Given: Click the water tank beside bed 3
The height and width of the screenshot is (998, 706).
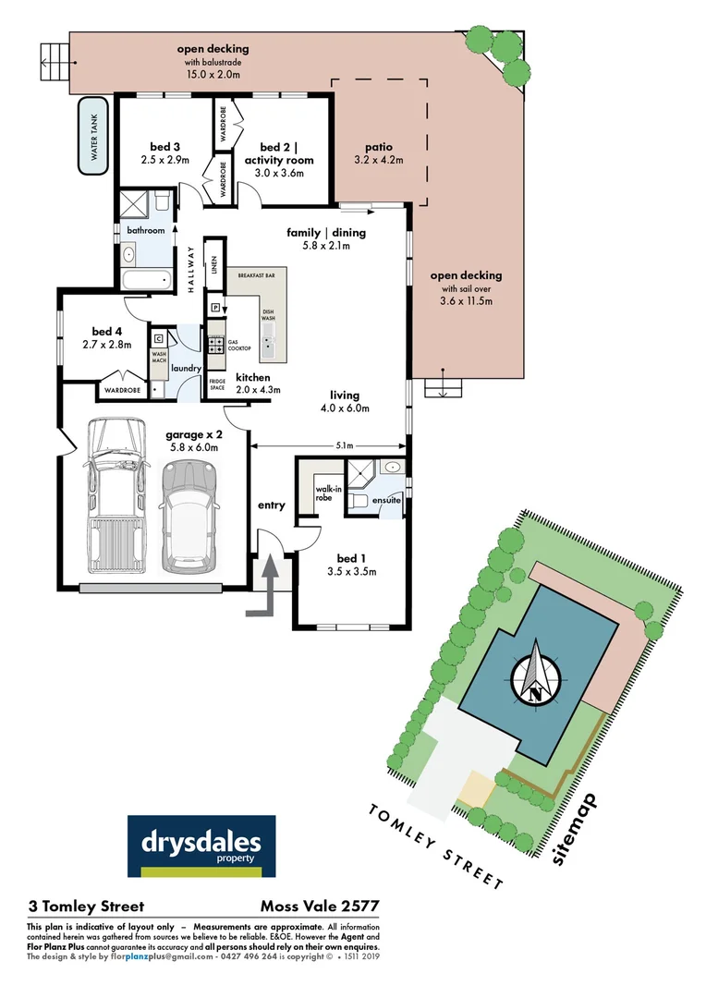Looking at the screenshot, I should click(92, 134).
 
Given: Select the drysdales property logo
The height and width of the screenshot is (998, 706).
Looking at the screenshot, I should click(201, 846).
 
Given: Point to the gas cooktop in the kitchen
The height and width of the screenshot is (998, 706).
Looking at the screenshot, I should click(215, 345).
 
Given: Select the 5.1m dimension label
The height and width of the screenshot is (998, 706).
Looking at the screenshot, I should click(344, 445).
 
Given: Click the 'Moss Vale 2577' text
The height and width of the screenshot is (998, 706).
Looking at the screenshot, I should click(322, 907).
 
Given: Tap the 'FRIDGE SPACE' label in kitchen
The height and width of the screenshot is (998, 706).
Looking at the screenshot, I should click(216, 383).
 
